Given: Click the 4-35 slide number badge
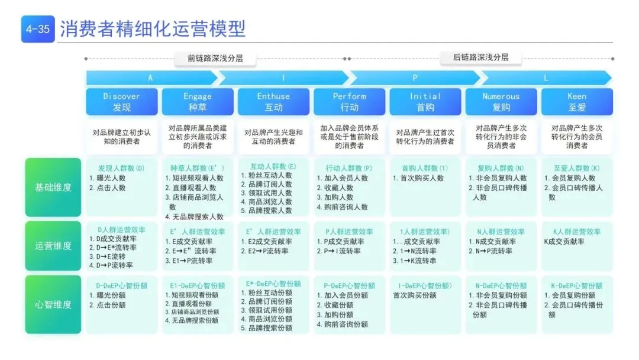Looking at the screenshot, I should [x=37, y=29].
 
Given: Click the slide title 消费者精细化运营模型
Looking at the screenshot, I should [x=153, y=28].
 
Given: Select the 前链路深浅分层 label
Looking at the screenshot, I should [x=215, y=58].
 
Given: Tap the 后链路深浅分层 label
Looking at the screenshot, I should [x=480, y=57].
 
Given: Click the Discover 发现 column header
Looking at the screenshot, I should [x=122, y=101].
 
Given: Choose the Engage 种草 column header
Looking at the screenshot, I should [x=198, y=101].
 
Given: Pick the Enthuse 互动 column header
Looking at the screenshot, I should [x=273, y=101].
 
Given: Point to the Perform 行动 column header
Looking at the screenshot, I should [x=349, y=101].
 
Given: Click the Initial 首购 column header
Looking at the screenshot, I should [x=425, y=101].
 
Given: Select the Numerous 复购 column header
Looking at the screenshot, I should [x=501, y=101].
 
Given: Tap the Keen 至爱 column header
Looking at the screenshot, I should [x=577, y=101].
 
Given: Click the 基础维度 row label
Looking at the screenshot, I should [x=53, y=187].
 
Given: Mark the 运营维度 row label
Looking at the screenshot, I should [x=53, y=246].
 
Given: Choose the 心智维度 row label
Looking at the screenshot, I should [x=53, y=304].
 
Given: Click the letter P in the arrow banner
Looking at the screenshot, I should [x=415, y=78].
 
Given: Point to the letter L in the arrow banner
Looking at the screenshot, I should [x=546, y=78].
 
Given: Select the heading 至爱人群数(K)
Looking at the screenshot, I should [x=576, y=168].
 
